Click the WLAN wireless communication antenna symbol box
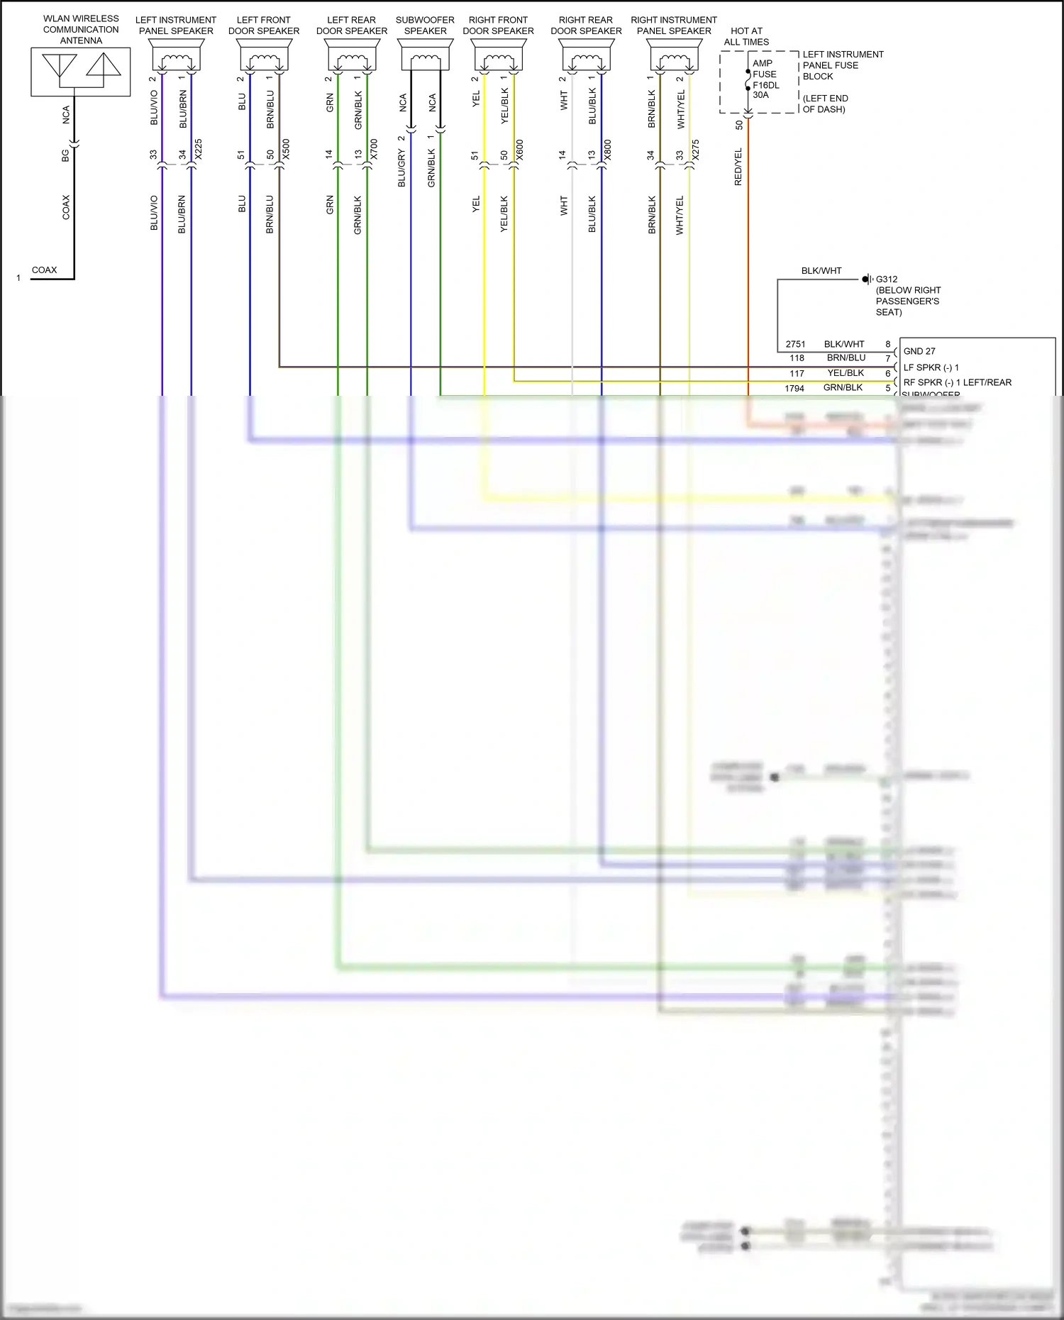80,72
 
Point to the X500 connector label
286,149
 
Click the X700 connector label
374,149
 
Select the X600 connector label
520,149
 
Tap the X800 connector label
608,149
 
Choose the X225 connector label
199,149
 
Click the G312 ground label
886,279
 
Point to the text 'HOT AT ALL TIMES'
746,36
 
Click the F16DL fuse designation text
766,85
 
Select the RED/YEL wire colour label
738,167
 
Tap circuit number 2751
795,344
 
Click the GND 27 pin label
919,351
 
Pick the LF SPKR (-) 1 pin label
931,367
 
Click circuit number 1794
794,388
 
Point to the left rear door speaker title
352,26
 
